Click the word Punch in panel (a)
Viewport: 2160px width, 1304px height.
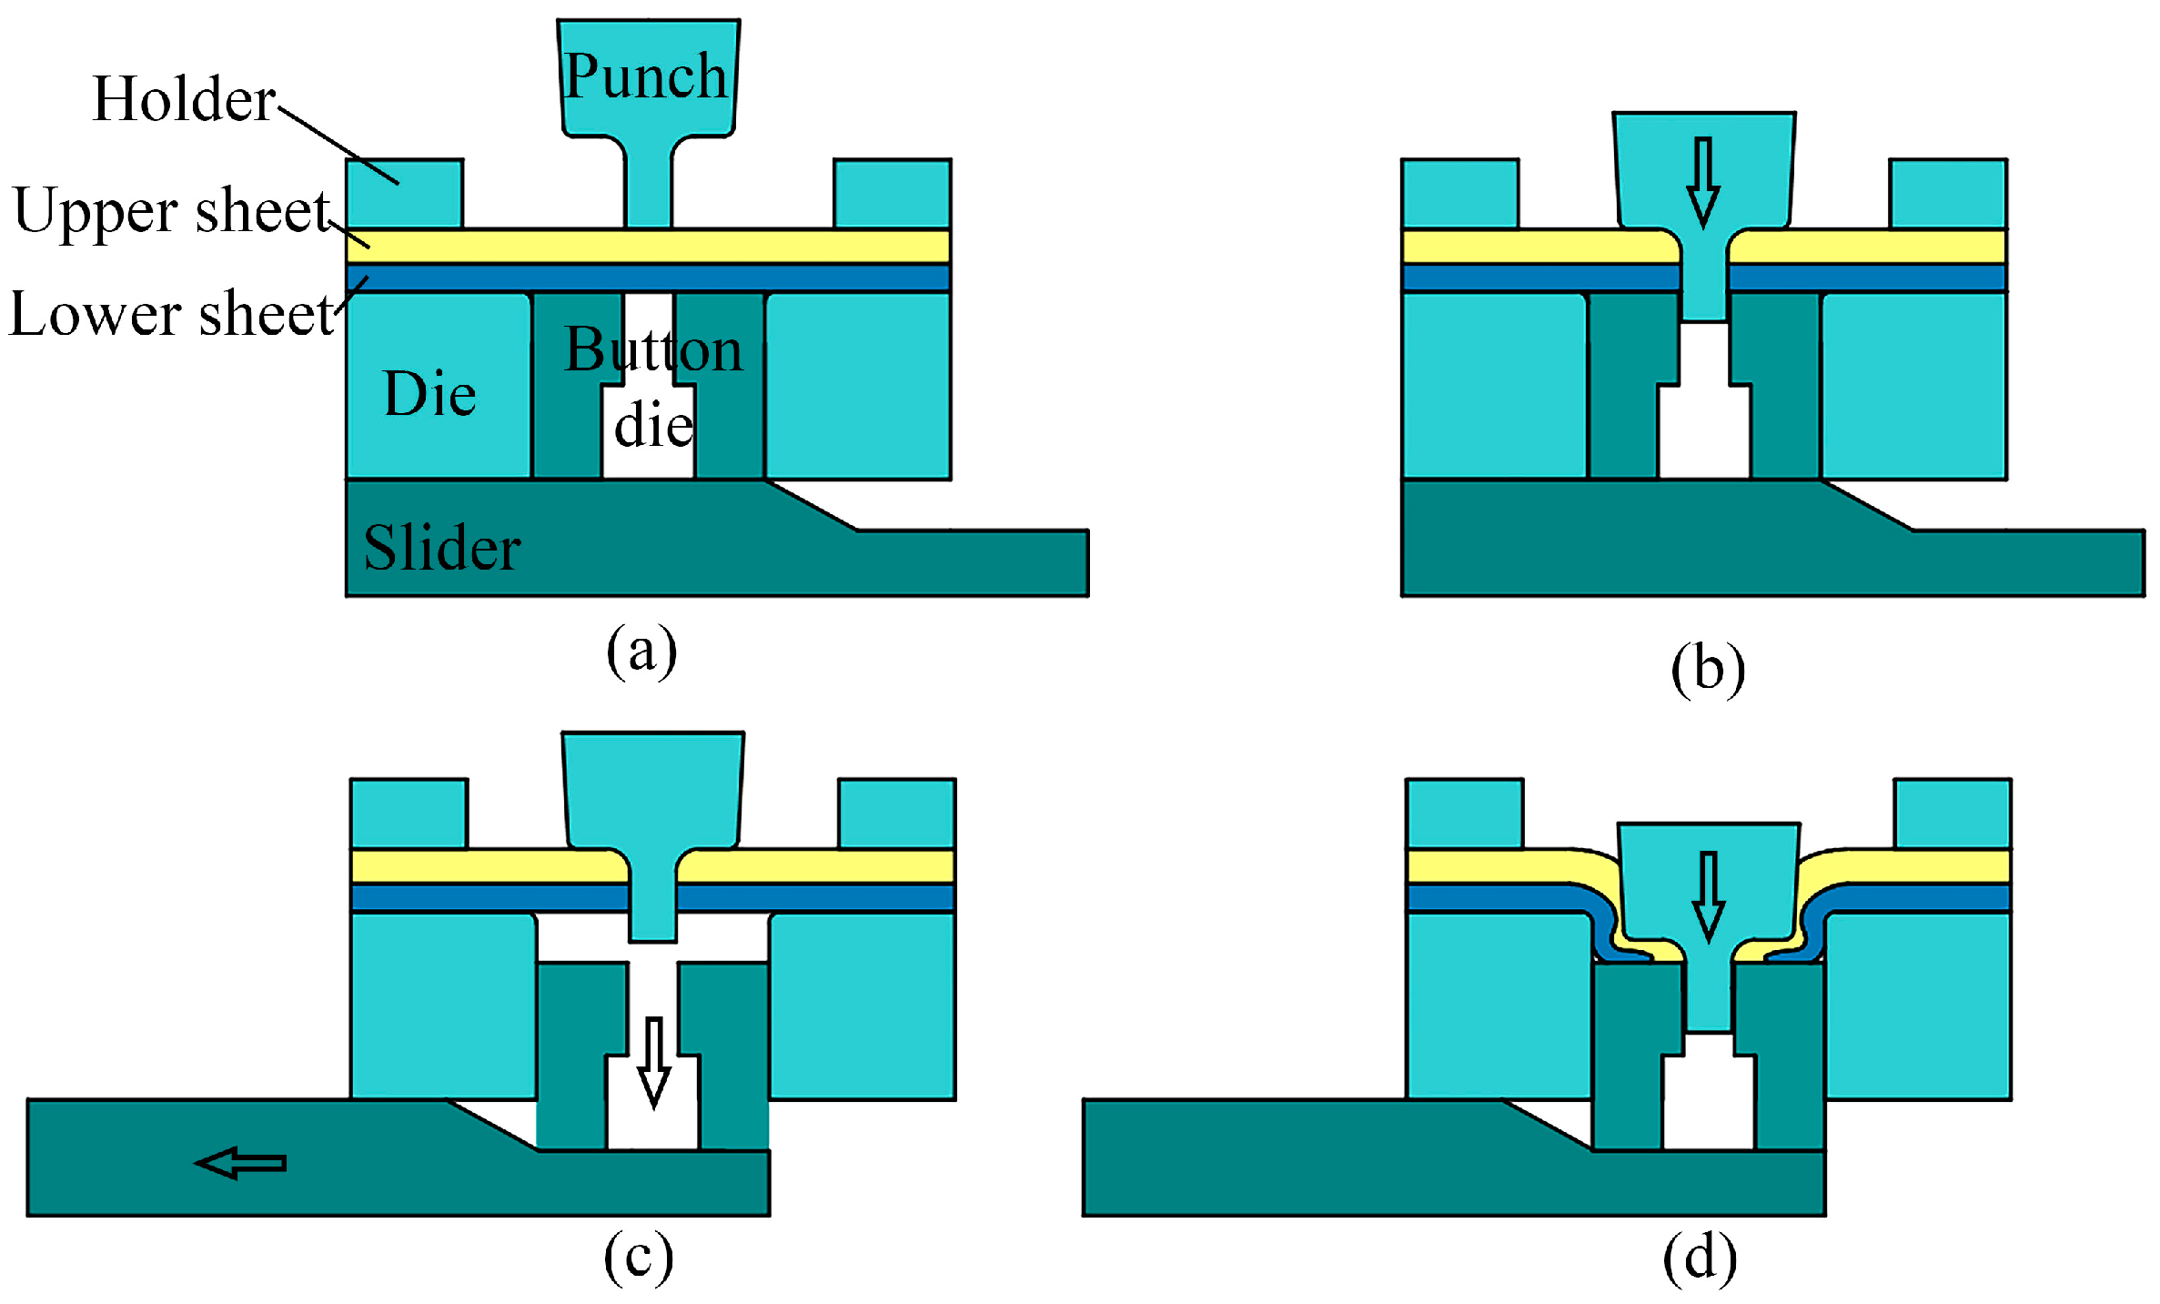(645, 76)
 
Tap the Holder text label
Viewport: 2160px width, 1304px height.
(184, 99)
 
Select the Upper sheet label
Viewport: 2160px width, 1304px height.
(171, 211)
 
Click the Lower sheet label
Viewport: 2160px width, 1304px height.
(171, 314)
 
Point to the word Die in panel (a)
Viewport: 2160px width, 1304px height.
(429, 394)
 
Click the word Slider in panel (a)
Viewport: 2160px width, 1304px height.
(442, 548)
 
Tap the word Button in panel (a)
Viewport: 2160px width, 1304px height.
(653, 349)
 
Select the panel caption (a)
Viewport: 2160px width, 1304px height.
(641, 651)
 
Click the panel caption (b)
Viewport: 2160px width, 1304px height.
(1708, 671)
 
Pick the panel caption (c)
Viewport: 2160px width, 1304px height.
(639, 1257)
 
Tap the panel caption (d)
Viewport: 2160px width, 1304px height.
(1700, 1259)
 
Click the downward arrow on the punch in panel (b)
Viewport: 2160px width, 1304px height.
(1703, 182)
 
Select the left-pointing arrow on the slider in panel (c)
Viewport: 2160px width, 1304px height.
(240, 1163)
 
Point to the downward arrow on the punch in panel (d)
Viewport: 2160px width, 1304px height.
(1708, 896)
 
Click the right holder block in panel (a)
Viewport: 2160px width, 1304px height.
(893, 194)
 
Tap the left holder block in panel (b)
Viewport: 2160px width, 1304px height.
(1459, 194)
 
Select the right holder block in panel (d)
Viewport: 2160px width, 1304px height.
(1953, 814)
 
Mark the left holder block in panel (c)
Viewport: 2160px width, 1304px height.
(409, 814)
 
